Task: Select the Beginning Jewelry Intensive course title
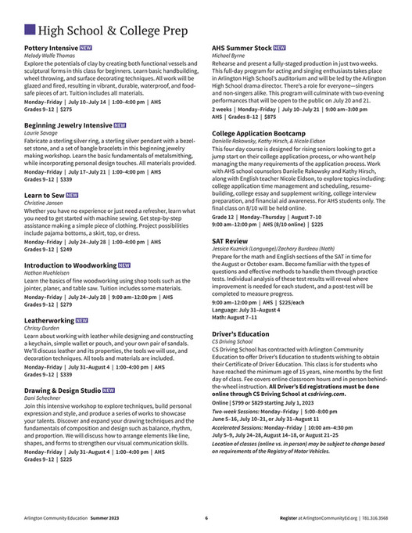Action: [x=68, y=124]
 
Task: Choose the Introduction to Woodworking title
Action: [x=70, y=265]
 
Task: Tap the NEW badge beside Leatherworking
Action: [x=82, y=320]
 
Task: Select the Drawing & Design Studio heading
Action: [x=63, y=389]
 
